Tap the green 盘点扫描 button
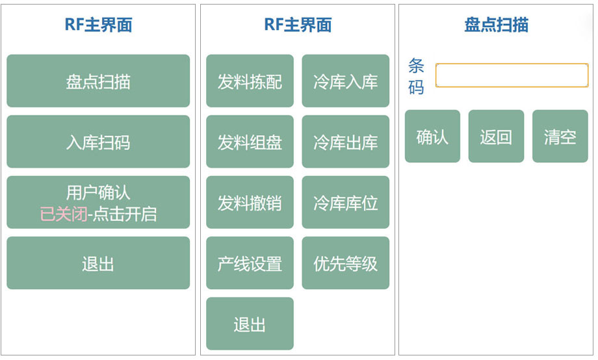click(x=98, y=81)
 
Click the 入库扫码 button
click(x=98, y=142)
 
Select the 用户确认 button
click(x=98, y=202)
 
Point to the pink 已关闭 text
click(x=64, y=214)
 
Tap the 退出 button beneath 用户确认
click(x=98, y=263)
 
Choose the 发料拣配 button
click(x=250, y=81)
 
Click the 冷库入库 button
click(x=346, y=81)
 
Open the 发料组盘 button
click(x=250, y=142)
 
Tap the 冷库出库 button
click(x=346, y=142)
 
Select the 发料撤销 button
click(x=250, y=202)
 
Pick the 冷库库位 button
click(x=346, y=202)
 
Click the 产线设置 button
click(x=250, y=263)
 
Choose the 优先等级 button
click(x=346, y=263)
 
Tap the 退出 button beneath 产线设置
click(x=250, y=324)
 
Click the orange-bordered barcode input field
click(x=512, y=75)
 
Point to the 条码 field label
click(x=416, y=76)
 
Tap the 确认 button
click(x=432, y=136)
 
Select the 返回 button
click(x=496, y=136)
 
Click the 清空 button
click(x=560, y=136)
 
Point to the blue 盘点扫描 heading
click(x=496, y=25)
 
